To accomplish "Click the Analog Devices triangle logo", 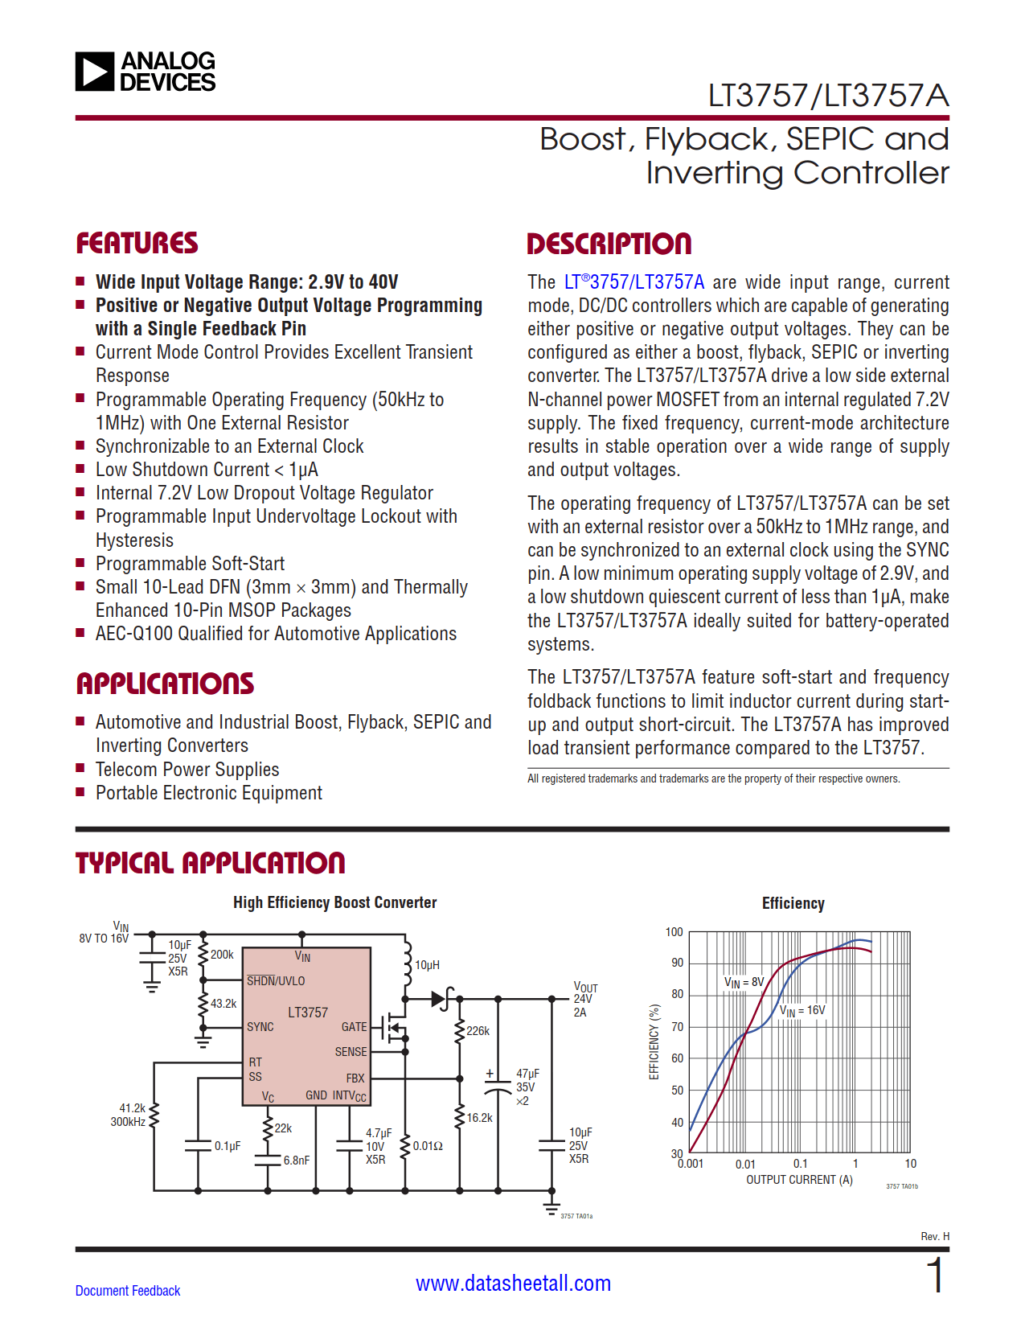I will (x=95, y=72).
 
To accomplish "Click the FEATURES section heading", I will (x=137, y=244).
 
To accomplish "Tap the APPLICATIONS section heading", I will (x=165, y=684).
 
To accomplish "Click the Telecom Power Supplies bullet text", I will (x=187, y=770).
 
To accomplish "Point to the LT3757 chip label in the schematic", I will (x=308, y=1013).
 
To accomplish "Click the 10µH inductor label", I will (x=427, y=965).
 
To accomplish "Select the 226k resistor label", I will (x=478, y=1031).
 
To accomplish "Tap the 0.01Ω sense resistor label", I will (x=428, y=1146).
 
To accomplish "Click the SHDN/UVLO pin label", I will (x=276, y=981).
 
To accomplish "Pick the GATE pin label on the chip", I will (x=354, y=1027).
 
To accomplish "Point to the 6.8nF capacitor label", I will (x=297, y=1161).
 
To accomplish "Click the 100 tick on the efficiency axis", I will (x=674, y=932).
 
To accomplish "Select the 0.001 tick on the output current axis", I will (x=690, y=1164).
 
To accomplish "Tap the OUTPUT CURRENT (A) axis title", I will (x=799, y=1180).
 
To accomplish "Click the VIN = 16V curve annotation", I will (x=802, y=1011).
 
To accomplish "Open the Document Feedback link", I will (x=128, y=1291).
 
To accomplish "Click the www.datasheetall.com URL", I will (x=513, y=1284).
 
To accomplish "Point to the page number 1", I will (x=935, y=1276).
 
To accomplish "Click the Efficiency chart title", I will (x=793, y=903).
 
